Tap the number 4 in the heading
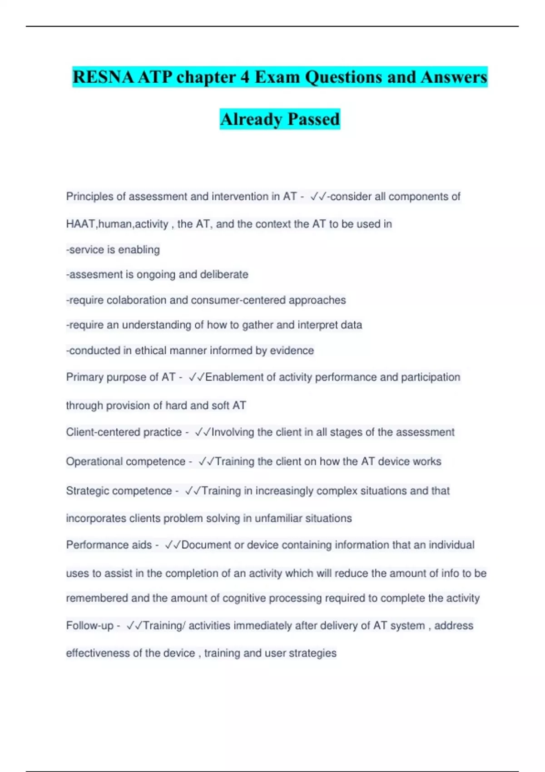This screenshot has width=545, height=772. (x=245, y=77)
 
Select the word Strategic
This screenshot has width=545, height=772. (x=87, y=491)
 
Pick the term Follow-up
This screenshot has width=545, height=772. (x=89, y=626)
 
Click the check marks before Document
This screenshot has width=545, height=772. (x=173, y=545)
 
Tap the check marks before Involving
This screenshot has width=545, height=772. (x=203, y=432)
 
